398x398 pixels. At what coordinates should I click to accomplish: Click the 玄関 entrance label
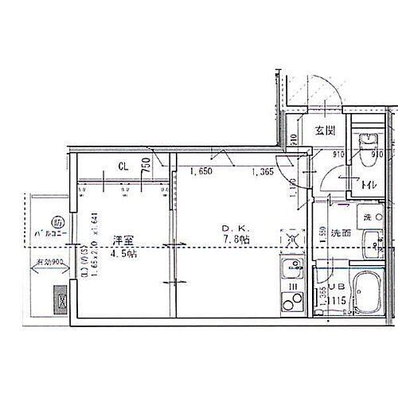323,131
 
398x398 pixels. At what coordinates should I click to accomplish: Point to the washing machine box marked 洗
369,217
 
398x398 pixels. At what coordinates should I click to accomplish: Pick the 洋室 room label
122,240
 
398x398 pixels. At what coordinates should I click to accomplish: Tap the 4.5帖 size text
123,254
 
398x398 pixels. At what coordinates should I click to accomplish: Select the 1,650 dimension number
201,170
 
